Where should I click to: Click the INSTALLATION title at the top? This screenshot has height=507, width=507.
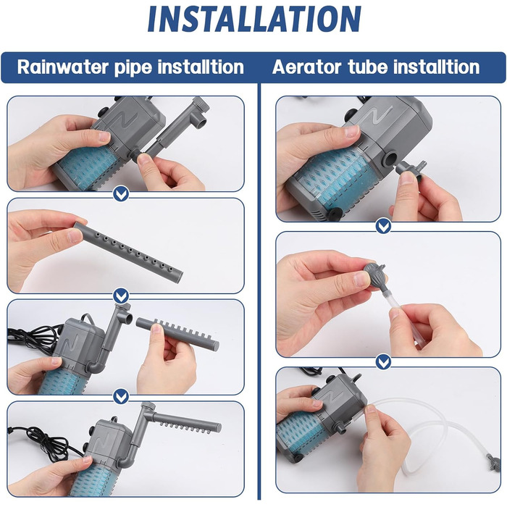(254, 18)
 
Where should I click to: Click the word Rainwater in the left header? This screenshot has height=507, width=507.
(63, 67)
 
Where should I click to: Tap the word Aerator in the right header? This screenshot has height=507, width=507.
(306, 67)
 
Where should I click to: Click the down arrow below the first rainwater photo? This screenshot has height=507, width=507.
(121, 194)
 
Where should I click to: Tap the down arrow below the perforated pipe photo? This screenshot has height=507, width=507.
(121, 296)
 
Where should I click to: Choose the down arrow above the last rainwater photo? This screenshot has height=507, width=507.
(121, 396)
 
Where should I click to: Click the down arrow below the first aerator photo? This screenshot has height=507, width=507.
(383, 226)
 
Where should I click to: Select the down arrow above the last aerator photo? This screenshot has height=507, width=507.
(383, 361)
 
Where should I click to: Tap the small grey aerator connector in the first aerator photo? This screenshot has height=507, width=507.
(411, 169)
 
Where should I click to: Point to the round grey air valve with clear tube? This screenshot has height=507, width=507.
(375, 274)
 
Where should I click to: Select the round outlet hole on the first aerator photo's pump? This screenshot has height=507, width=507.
(389, 159)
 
